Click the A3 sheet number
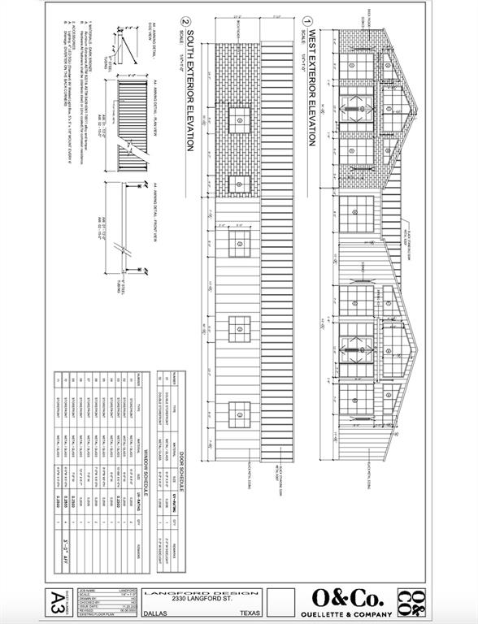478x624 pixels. tap(55, 600)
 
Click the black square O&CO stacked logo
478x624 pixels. tap(412, 600)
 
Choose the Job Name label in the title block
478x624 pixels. tap(82, 591)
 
